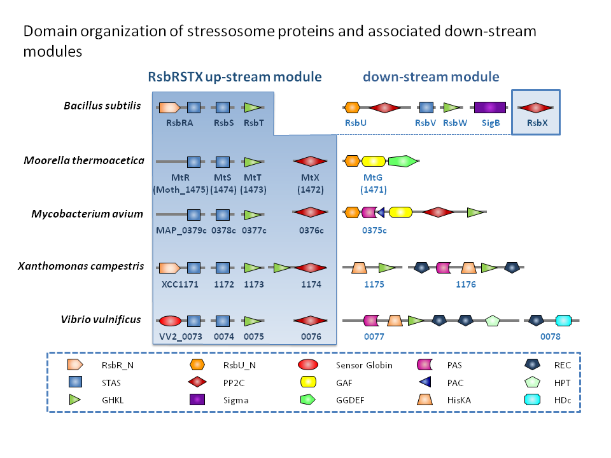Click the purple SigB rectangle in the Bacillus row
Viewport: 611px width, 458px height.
click(x=489, y=108)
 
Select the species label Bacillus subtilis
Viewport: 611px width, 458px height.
click(x=102, y=106)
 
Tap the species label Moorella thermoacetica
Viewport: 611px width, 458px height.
click(x=84, y=160)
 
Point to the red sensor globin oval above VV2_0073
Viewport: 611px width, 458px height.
click(x=170, y=321)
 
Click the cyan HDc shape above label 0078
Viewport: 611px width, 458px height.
click(x=564, y=321)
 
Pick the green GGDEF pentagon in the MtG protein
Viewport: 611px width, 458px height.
click(x=402, y=161)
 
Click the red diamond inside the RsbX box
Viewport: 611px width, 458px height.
click(x=535, y=108)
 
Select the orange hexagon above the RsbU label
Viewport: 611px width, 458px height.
click(x=352, y=108)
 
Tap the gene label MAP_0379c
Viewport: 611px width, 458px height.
click(x=181, y=230)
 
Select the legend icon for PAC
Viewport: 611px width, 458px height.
click(x=424, y=382)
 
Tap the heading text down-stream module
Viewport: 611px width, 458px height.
click(x=431, y=77)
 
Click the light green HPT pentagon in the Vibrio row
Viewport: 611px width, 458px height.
click(x=492, y=321)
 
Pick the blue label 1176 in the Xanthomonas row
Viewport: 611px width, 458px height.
click(x=466, y=284)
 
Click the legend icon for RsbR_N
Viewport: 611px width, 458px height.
click(x=75, y=365)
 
